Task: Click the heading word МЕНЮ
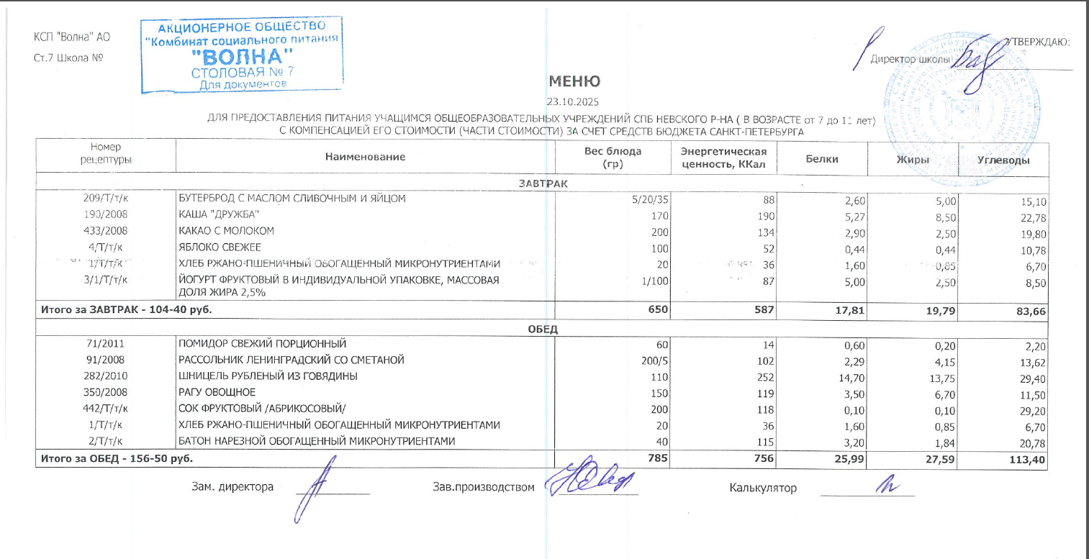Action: (574, 81)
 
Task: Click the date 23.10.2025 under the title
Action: (573, 101)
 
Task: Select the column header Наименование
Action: (365, 156)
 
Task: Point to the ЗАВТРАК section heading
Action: (543, 183)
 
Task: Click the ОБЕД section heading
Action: (543, 330)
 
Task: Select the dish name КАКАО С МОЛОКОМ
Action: (227, 231)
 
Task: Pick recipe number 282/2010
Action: (106, 376)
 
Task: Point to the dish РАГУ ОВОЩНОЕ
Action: (217, 393)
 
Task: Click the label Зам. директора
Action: (232, 487)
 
